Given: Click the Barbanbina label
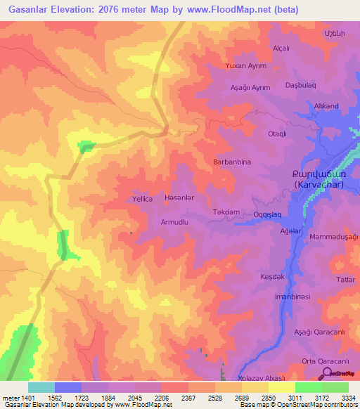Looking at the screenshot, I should point(232,162).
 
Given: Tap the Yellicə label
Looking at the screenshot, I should point(143,199).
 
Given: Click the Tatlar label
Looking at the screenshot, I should point(345,280).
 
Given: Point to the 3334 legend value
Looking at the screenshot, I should point(348,397).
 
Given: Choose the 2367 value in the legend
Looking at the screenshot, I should point(188,397).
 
